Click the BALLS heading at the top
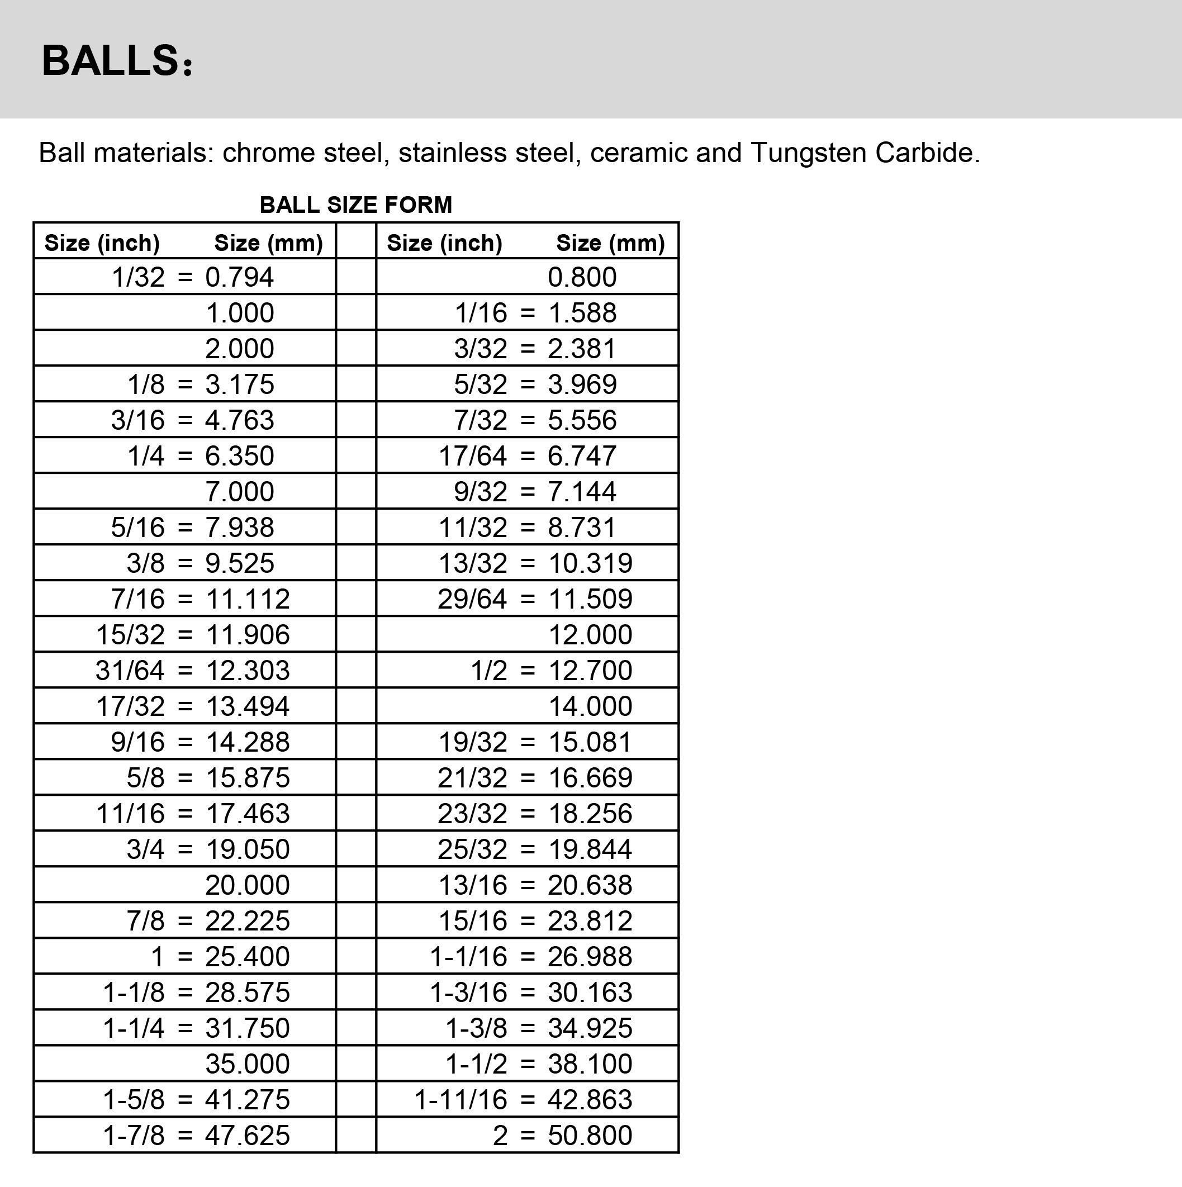pos(117,61)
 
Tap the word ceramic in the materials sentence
pos(638,153)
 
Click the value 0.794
pos(240,277)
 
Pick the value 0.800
pos(582,277)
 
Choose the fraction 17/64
pos(472,456)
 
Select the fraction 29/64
pos(472,599)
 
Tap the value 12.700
pos(590,670)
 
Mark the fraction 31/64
pos(130,670)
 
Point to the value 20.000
pos(247,885)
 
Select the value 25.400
pos(247,957)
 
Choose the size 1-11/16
pos(461,1100)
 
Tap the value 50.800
pos(590,1136)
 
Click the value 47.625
pos(247,1136)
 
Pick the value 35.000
pos(247,1064)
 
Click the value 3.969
pos(582,384)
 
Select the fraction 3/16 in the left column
pos(137,420)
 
